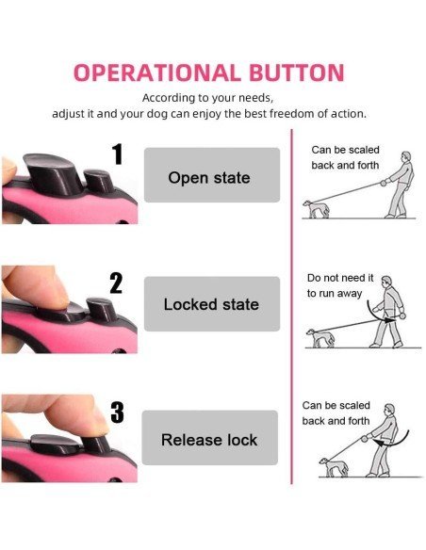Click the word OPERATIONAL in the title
tap(156, 73)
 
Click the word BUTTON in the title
tap(297, 73)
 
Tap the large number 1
tap(118, 154)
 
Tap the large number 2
tap(116, 283)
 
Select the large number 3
tap(117, 412)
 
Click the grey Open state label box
tap(212, 175)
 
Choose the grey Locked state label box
tap(212, 304)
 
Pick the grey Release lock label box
tap(210, 438)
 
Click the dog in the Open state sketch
tap(316, 209)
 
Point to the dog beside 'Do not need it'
tap(320, 338)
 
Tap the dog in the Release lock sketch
tap(334, 467)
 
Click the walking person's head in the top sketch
tap(406, 156)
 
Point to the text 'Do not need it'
tap(340, 278)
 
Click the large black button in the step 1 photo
tap(54, 174)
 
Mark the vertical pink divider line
tap(291, 307)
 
